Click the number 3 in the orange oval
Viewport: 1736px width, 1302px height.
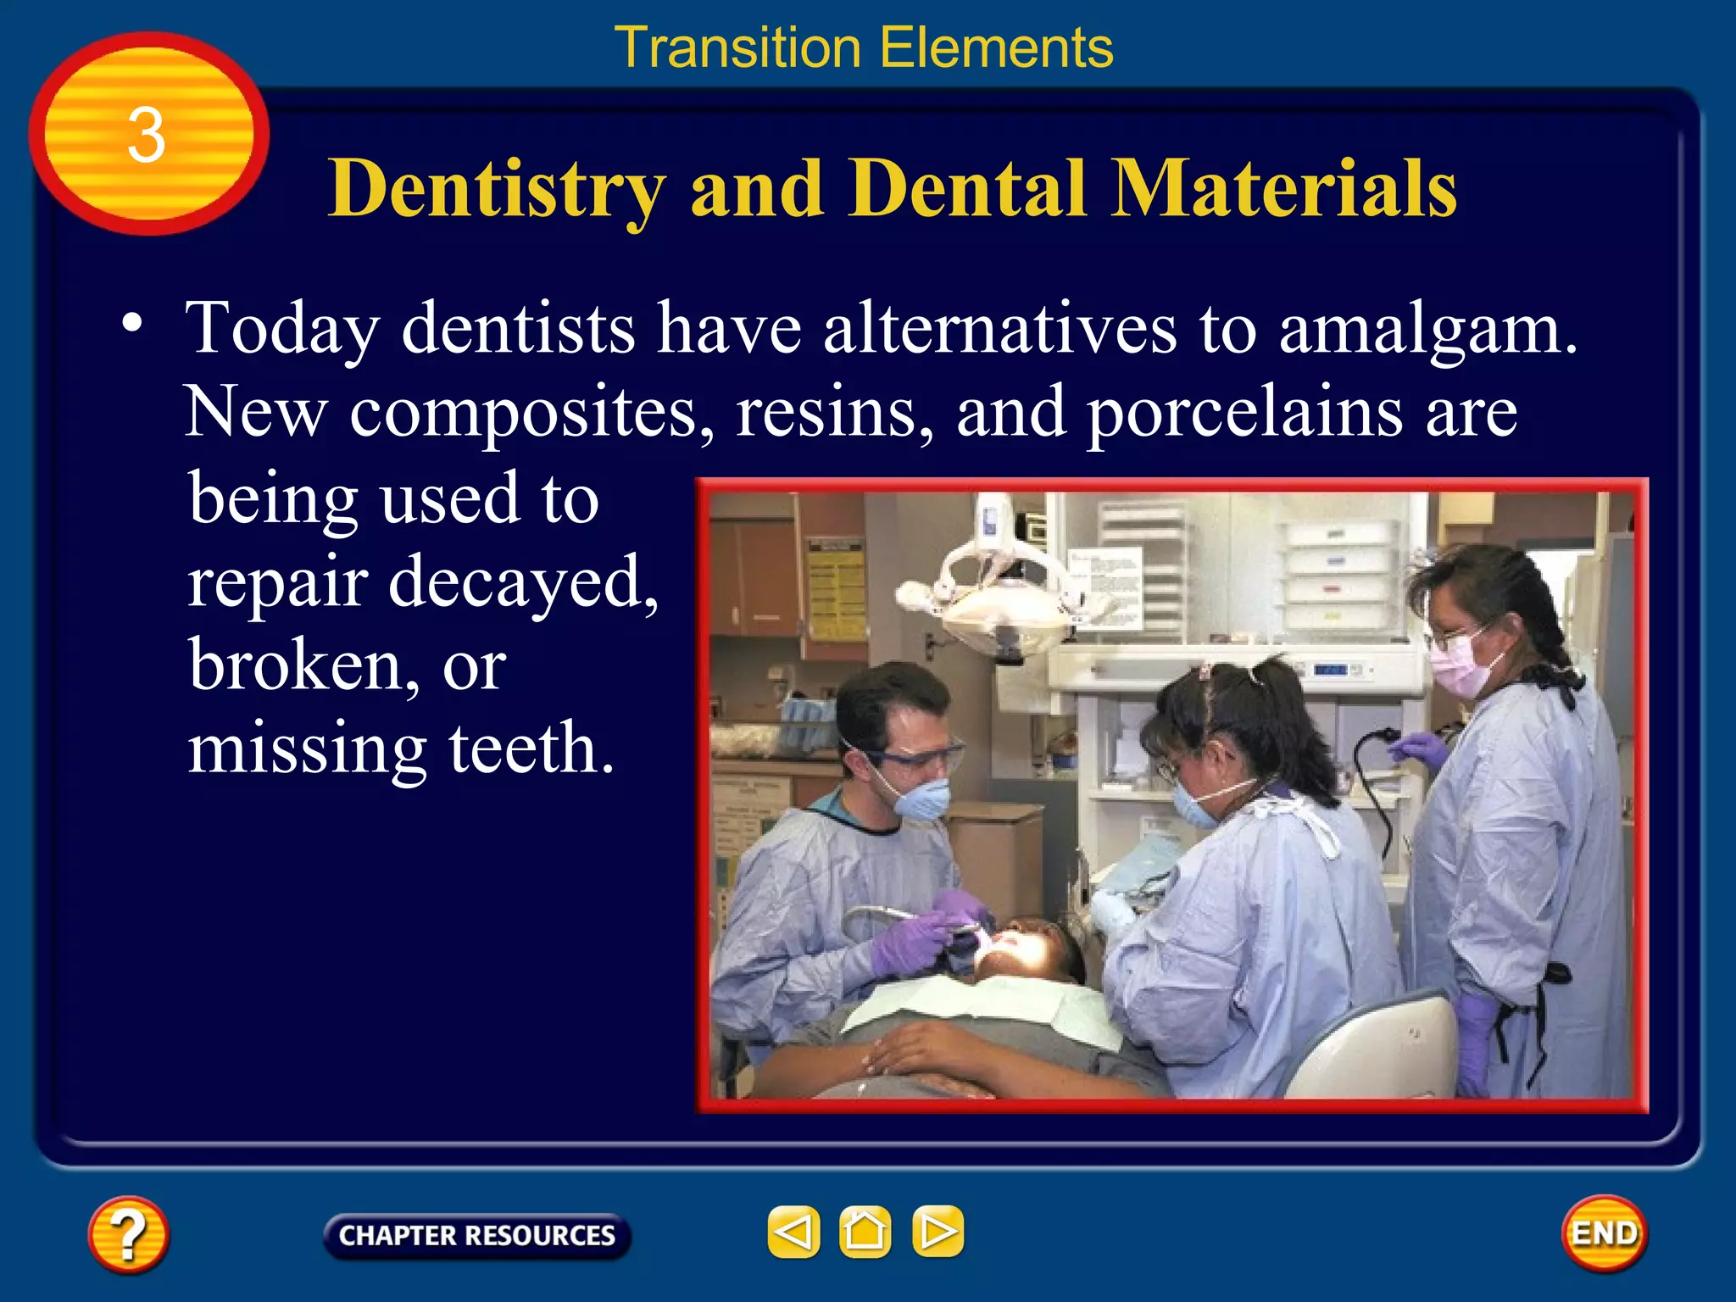146,136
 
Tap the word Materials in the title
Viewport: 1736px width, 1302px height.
1283,188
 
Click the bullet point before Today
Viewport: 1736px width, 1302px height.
131,323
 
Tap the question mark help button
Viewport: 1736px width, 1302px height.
128,1234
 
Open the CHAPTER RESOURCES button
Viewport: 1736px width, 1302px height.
476,1235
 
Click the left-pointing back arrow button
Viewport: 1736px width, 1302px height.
793,1232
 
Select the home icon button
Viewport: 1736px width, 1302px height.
865,1232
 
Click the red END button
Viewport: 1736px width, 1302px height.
1604,1233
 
